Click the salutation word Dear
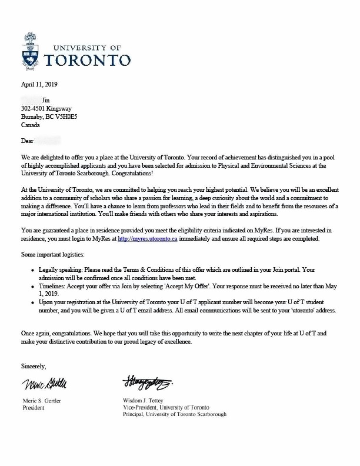click(x=26, y=142)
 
